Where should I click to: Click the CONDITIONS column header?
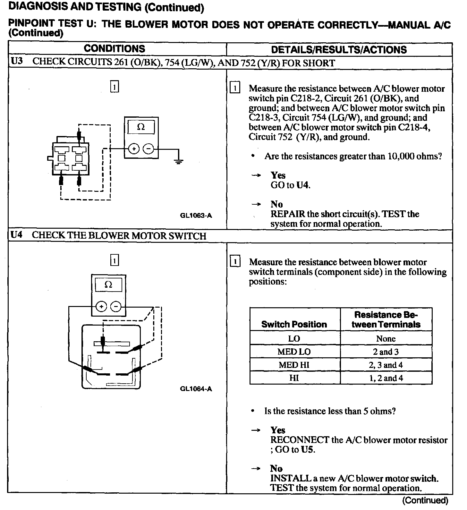115,49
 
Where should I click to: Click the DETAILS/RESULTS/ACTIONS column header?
339,50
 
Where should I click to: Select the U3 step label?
17,62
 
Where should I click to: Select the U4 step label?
17,235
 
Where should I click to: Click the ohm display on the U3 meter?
141,127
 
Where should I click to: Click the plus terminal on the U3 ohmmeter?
134,149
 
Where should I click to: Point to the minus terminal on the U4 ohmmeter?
116,307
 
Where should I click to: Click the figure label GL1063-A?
196,216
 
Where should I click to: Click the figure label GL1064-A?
196,389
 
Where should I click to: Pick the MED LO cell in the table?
294,352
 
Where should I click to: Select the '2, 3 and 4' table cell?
386,365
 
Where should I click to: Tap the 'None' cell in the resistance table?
386,339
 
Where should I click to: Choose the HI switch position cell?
294,378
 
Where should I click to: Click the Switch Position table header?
294,324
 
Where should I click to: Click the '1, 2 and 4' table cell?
386,378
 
